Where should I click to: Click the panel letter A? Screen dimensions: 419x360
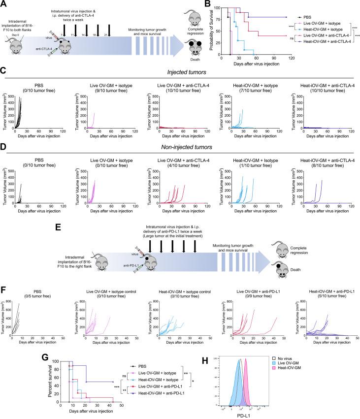[x=4, y=4]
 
